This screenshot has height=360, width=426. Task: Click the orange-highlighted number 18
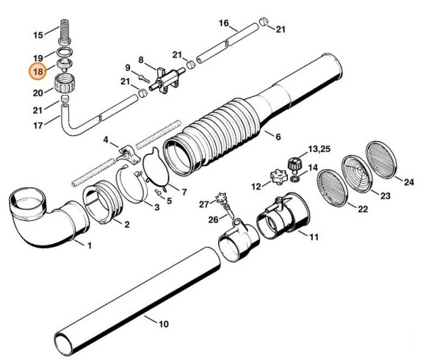point(37,72)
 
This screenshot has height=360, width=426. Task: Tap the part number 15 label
point(38,35)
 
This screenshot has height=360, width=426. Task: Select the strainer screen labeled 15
point(65,32)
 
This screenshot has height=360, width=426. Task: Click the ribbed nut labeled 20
point(65,83)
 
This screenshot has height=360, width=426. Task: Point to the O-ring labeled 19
point(65,51)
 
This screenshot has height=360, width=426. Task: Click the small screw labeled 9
point(144,79)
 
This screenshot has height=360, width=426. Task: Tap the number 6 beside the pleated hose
point(278,137)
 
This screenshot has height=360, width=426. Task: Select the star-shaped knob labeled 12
point(279,176)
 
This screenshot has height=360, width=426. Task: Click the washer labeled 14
point(295,179)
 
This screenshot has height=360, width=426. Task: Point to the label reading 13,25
point(319,149)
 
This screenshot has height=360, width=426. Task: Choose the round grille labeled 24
point(380,159)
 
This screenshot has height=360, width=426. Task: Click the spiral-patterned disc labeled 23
point(357,173)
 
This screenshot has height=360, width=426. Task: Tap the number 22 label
point(363,209)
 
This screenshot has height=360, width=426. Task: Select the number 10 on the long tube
point(164,324)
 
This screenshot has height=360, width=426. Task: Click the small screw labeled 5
point(158,192)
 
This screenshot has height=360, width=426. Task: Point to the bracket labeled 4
point(128,154)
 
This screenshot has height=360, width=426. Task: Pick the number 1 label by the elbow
point(90,245)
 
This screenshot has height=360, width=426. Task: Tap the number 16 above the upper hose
point(224,23)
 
